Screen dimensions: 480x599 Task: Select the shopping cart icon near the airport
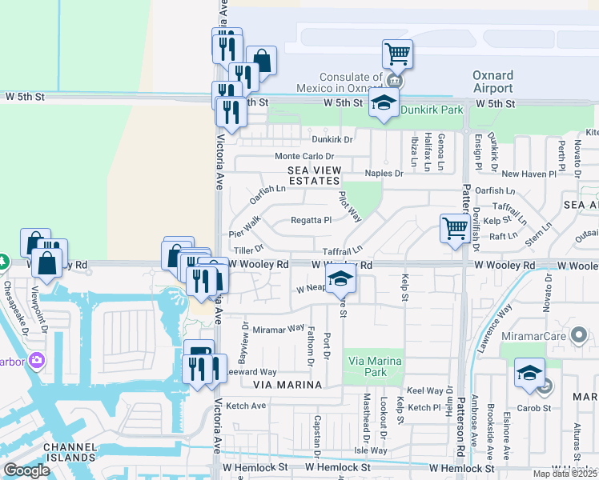[x=397, y=54]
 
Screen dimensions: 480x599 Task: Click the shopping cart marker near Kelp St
[x=455, y=228]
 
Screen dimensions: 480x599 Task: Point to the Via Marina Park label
[x=372, y=366]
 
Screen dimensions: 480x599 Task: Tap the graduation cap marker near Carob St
[x=529, y=374]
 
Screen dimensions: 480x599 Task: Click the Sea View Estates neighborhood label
[x=315, y=176]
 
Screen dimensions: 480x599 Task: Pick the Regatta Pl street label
[x=311, y=220]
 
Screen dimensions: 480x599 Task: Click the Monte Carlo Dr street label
[x=304, y=156]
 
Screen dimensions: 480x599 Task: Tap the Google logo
[x=26, y=470]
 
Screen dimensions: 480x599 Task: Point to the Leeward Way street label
[x=250, y=372]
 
